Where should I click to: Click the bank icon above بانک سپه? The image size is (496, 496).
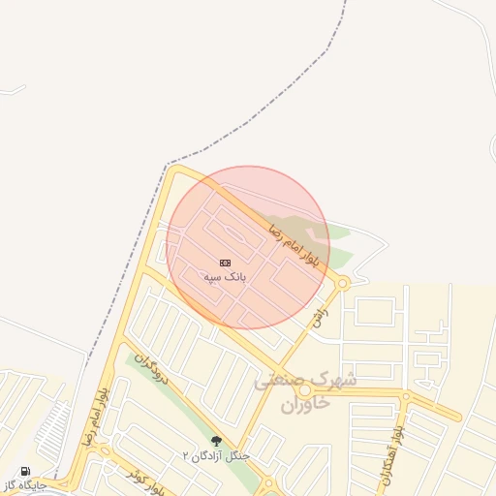click(226, 263)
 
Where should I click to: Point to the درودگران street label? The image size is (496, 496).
click(151, 367)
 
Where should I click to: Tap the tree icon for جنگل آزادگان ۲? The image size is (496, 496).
click(215, 441)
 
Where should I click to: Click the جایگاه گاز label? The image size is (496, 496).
click(24, 484)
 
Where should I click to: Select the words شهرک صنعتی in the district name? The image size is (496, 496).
click(306, 381)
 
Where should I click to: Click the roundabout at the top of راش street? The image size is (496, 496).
click(343, 283)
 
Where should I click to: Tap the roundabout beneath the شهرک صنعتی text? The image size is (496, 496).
click(305, 389)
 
